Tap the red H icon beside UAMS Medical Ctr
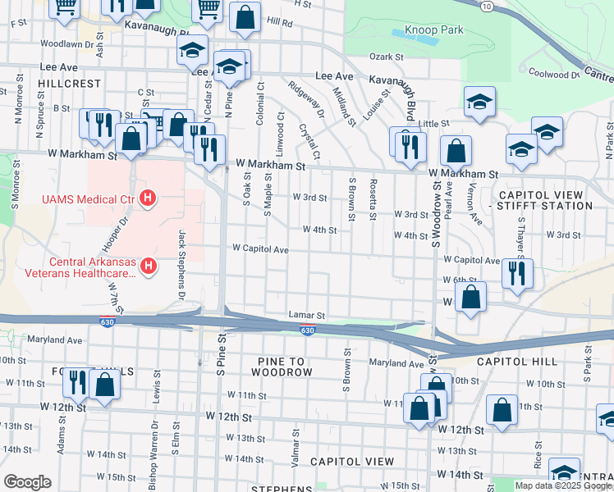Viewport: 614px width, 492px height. [x=148, y=198]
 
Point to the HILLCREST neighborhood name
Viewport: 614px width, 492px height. [x=68, y=84]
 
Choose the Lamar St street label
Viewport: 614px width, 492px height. [x=307, y=315]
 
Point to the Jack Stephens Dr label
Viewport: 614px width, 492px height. [x=181, y=264]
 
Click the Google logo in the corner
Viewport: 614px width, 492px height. [x=28, y=481]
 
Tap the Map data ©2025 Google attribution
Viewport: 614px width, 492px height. [x=562, y=485]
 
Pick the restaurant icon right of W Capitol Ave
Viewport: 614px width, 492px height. [x=517, y=273]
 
